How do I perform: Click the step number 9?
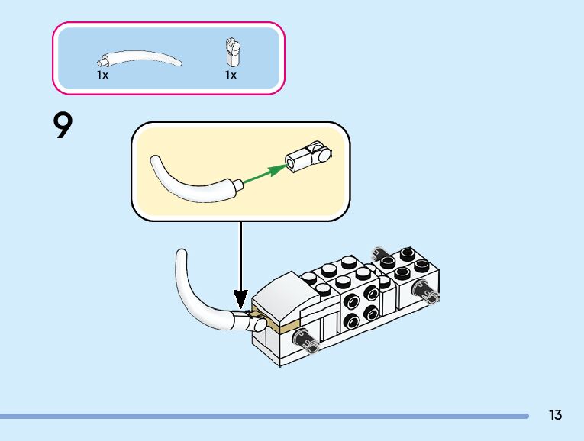[x=63, y=126]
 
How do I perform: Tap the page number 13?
[x=555, y=415]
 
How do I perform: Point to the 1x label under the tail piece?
[x=102, y=75]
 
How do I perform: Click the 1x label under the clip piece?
[x=231, y=75]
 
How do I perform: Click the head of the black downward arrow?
[x=241, y=300]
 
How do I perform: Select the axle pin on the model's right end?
[x=426, y=290]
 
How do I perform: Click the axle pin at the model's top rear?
[x=379, y=253]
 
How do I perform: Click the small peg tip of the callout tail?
[x=240, y=183]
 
